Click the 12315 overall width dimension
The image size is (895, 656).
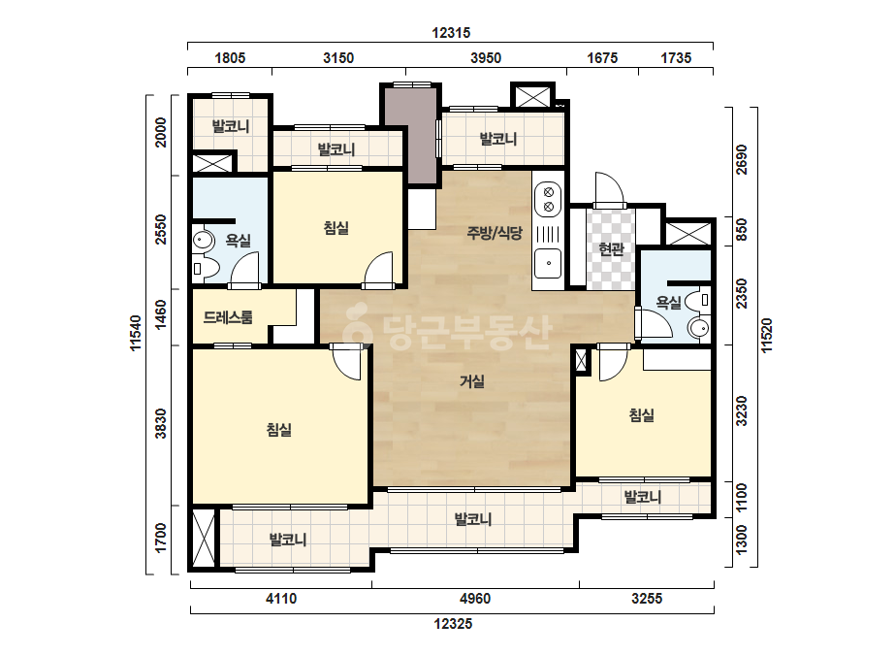point(451,33)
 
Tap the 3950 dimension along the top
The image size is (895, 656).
point(486,58)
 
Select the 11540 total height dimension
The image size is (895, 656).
point(136,333)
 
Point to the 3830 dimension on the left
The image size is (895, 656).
point(162,423)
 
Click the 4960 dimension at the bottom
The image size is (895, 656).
point(475,599)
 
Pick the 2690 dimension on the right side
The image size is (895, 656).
point(741,160)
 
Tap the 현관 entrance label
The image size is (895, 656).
point(611,249)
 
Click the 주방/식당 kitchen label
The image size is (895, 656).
point(495,233)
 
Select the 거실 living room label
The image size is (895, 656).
point(472,381)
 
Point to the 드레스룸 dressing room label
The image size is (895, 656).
point(228,317)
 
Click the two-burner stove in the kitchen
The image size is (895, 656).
point(549,200)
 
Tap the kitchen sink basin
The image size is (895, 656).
point(548,263)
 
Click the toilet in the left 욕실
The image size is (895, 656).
point(206,269)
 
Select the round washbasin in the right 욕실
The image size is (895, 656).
point(699,329)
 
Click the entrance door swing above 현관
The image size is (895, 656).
point(608,188)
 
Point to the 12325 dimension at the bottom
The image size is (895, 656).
point(453,623)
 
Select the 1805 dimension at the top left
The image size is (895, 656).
point(230,58)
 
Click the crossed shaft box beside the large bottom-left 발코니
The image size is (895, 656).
point(204,539)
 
